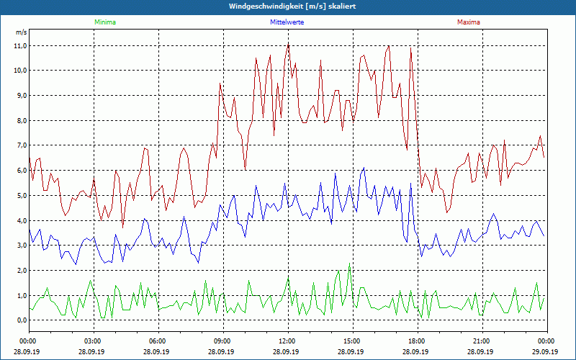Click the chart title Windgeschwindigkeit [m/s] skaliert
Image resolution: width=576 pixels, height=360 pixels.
point(287,6)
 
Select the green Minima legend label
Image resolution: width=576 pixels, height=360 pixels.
point(104,22)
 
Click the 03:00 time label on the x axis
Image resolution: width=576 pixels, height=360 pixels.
point(93,341)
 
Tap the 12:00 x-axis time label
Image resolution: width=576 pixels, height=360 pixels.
point(287,341)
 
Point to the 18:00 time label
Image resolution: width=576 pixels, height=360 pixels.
point(417,341)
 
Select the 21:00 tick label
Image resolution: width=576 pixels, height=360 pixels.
point(482,341)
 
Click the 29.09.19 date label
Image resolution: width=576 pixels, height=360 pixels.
point(546,351)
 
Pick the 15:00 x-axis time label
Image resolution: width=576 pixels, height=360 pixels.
point(352,341)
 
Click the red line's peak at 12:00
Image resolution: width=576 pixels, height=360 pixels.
point(289,42)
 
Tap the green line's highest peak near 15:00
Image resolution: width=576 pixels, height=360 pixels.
point(350,264)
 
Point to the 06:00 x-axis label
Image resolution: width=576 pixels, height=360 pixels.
point(158,341)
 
